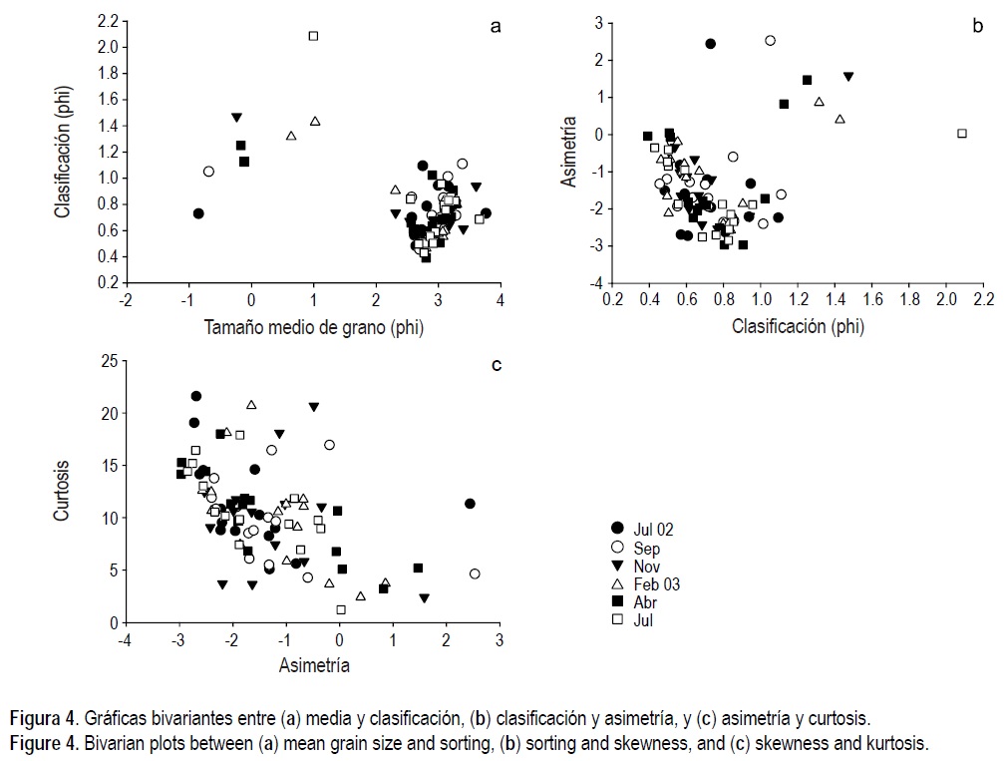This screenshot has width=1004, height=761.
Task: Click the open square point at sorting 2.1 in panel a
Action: pos(313,36)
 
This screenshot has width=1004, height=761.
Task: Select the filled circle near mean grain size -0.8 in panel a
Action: pos(198,213)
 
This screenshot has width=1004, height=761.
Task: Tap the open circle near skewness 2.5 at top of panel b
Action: pos(770,41)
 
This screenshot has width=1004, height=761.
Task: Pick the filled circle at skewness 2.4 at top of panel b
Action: pos(710,44)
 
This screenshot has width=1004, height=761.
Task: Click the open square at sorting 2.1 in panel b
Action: pos(962,133)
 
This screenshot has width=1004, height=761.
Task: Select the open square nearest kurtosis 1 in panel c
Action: pos(341,609)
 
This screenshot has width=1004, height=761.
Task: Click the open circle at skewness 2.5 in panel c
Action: pos(475,573)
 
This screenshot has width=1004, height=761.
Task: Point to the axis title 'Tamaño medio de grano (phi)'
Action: pos(313,326)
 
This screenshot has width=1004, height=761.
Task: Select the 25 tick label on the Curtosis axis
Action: pos(108,360)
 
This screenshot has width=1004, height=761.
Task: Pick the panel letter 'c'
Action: pos(496,364)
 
